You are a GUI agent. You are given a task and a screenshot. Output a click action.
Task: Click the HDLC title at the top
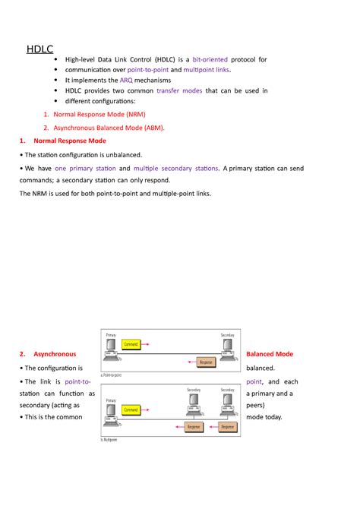coord(39,49)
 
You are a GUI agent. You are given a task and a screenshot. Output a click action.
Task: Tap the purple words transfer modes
coord(179,90)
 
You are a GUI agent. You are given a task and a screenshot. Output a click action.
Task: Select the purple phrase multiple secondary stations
coord(177,168)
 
